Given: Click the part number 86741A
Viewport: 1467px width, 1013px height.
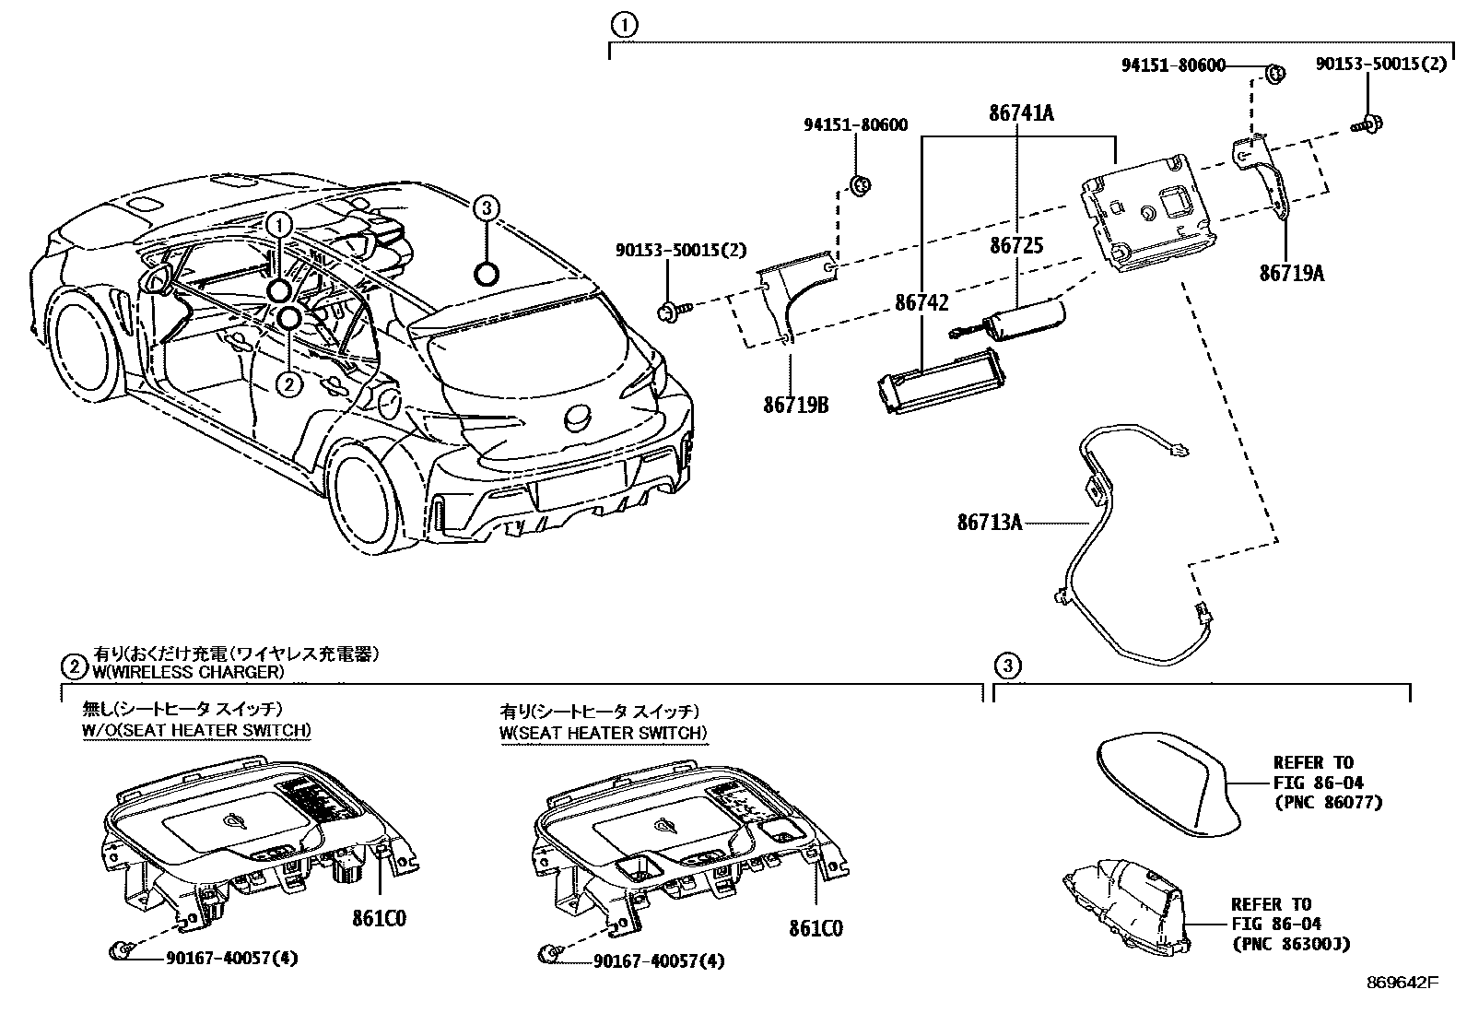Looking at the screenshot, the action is pos(1021,113).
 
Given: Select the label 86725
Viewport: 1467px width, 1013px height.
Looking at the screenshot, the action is pos(1016,245).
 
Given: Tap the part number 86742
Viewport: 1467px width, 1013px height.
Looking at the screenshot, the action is pos(921,302).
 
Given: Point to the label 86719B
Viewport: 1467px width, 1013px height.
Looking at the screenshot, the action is pos(796,405).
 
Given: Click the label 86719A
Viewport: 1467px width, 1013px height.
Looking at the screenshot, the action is pos(1292,273).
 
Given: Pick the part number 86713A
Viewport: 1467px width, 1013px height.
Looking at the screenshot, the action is pos(990,523).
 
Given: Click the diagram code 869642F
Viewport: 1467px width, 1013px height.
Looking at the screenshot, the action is pos(1402,983).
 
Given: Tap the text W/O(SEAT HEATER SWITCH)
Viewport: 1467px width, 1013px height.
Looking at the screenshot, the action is pos(196,731).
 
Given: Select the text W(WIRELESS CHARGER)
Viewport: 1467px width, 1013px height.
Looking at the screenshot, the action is pos(189,672).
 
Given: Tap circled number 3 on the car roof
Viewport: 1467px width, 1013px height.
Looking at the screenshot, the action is pos(486,208).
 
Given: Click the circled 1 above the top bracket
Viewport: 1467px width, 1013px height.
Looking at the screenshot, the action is pos(624,26).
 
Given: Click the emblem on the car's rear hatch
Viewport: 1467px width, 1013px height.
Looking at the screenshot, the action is pos(577,418).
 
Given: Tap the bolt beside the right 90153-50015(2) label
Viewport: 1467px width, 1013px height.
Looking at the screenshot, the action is pos(1367,124).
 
